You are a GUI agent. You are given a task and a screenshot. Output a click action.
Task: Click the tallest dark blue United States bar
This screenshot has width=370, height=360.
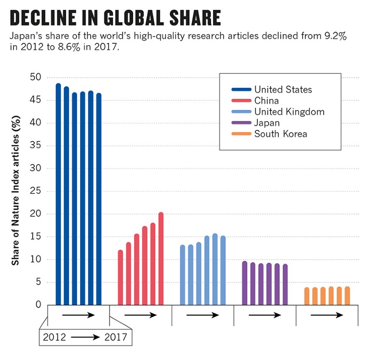(58, 193)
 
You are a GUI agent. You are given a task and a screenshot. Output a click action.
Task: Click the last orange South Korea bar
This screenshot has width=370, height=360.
(347, 296)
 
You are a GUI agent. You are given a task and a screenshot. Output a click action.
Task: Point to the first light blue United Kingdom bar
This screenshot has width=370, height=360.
(182, 275)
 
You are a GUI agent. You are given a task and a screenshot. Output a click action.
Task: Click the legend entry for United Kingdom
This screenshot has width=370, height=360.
(289, 112)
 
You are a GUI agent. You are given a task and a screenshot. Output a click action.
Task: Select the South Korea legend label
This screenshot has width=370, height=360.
(280, 134)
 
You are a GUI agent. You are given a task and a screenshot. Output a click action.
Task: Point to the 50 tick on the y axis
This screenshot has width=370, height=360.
(36, 78)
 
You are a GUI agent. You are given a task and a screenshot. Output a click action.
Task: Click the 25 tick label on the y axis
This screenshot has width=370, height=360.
(36, 191)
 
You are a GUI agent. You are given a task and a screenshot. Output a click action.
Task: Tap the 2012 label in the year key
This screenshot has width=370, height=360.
(55, 337)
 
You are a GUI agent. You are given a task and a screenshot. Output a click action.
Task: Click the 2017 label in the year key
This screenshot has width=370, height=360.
(116, 337)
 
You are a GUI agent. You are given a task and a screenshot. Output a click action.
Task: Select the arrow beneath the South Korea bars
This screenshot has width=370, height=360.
(327, 315)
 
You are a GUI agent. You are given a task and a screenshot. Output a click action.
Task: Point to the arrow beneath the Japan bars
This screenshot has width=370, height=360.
(264, 315)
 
